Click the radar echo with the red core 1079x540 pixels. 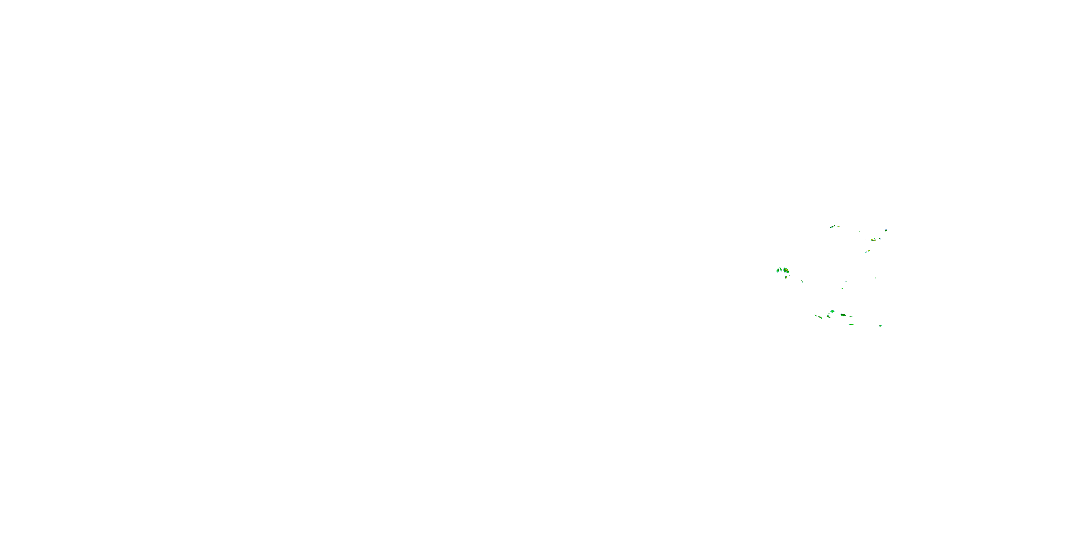coord(873,240)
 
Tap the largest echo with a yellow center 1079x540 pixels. coord(786,270)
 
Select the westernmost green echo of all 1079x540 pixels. coord(778,270)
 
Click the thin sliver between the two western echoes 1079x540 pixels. coord(781,269)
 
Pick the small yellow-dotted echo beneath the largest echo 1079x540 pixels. coord(786,277)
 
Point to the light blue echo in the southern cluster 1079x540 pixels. coord(832,311)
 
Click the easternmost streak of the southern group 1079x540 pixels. coord(880,325)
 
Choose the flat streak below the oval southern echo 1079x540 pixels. coord(851,324)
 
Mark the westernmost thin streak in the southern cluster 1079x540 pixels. coord(816,315)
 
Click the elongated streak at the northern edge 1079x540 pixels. coord(832,227)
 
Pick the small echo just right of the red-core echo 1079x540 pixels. coord(880,239)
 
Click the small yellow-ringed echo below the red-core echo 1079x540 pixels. coord(868,251)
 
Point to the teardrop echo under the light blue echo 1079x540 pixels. coord(829,316)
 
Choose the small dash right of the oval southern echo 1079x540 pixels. coord(851,316)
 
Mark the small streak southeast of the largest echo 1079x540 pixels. coord(802,281)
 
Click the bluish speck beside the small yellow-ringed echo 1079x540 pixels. coord(866,252)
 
